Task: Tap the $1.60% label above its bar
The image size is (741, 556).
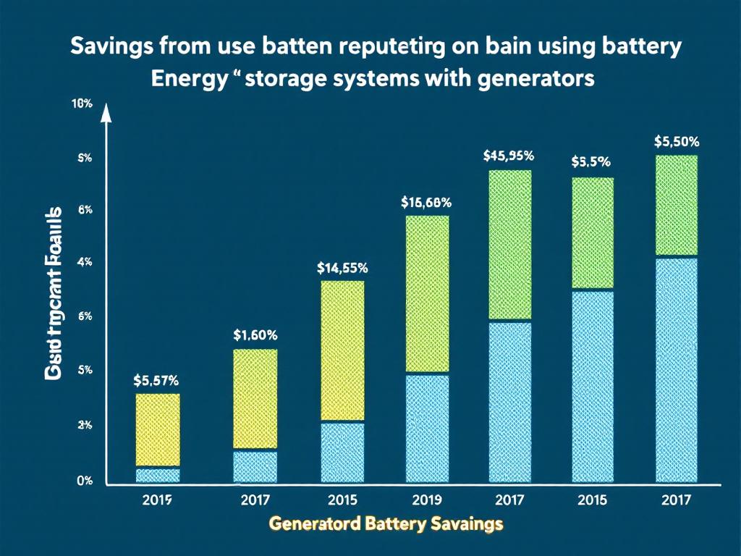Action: click(255, 334)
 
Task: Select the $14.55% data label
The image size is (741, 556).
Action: click(342, 267)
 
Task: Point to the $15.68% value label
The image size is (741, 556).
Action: click(426, 203)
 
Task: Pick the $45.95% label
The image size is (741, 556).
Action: click(509, 155)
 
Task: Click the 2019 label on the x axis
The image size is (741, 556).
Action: click(426, 499)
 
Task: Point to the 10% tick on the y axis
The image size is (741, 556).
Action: click(82, 104)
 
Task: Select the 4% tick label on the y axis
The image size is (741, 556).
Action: click(83, 262)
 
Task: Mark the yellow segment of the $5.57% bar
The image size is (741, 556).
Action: click(158, 430)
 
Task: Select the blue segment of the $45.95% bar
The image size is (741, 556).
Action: click(510, 402)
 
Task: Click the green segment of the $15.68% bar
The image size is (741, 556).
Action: click(427, 294)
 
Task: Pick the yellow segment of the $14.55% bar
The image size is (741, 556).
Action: click(342, 350)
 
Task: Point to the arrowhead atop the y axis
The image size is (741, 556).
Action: click(106, 111)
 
